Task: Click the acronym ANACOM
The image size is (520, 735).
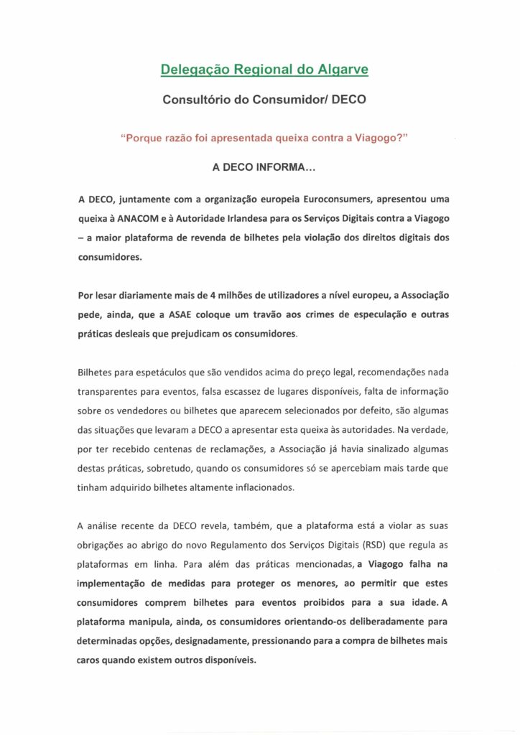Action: coord(151,217)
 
